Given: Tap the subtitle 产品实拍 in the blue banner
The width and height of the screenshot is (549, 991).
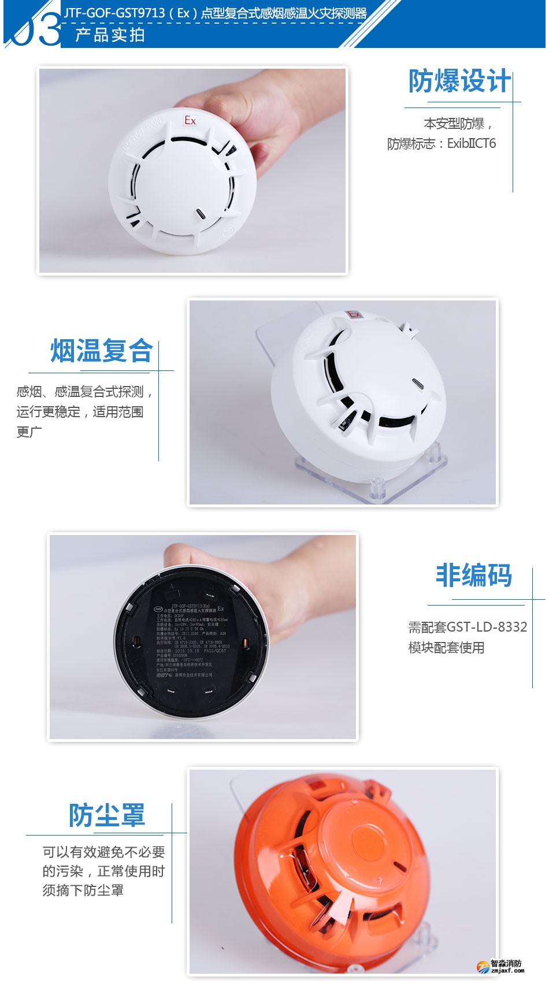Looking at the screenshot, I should (110, 35).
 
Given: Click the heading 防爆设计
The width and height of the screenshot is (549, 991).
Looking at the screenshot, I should (459, 81).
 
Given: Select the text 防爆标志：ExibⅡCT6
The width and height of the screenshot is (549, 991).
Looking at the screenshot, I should (442, 144).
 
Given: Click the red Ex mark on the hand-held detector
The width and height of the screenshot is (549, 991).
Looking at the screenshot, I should (190, 120).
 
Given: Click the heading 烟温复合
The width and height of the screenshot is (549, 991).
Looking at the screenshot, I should (101, 351).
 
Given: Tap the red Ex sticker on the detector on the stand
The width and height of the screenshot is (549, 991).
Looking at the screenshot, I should (353, 315).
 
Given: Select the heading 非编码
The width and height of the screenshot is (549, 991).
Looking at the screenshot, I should (473, 576).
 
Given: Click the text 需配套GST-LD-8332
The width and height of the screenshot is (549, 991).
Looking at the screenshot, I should (468, 627).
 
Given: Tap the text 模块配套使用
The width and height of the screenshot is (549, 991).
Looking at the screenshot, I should (446, 648).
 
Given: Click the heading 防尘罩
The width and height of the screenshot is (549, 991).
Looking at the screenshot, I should (107, 815).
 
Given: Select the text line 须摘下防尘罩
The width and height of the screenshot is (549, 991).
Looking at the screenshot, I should (83, 890).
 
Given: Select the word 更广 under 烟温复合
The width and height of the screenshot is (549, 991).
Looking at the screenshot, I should (29, 432).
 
